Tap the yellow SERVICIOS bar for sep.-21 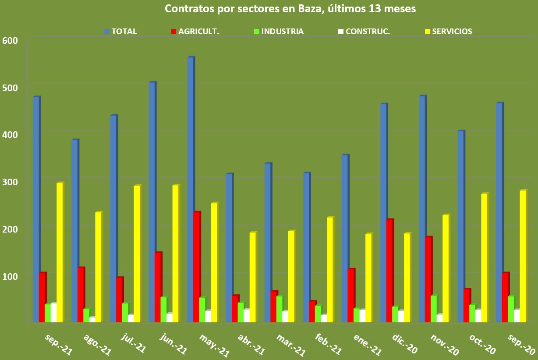[x=60, y=252]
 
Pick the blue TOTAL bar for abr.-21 [x=229, y=247]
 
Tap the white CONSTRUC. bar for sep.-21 [x=53, y=312]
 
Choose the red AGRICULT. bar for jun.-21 [x=157, y=287]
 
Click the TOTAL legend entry [x=121, y=32]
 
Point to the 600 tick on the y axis [x=11, y=40]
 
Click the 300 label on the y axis [x=11, y=181]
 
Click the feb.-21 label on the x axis [x=328, y=344]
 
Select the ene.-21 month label [x=367, y=344]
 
